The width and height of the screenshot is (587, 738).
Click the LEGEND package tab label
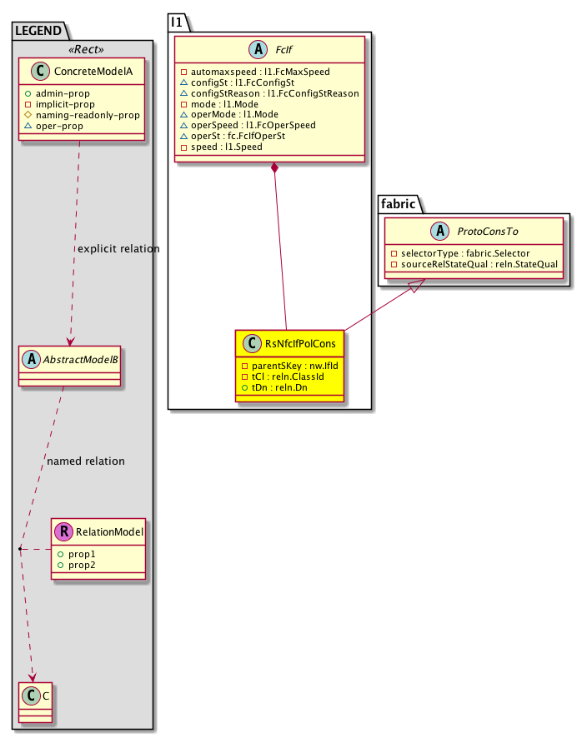pos(38,32)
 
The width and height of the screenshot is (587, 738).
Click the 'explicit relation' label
pos(118,248)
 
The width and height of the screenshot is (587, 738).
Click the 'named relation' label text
pos(86,461)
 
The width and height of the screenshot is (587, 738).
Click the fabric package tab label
pos(403,203)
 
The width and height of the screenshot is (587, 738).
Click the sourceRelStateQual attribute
pos(478,263)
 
